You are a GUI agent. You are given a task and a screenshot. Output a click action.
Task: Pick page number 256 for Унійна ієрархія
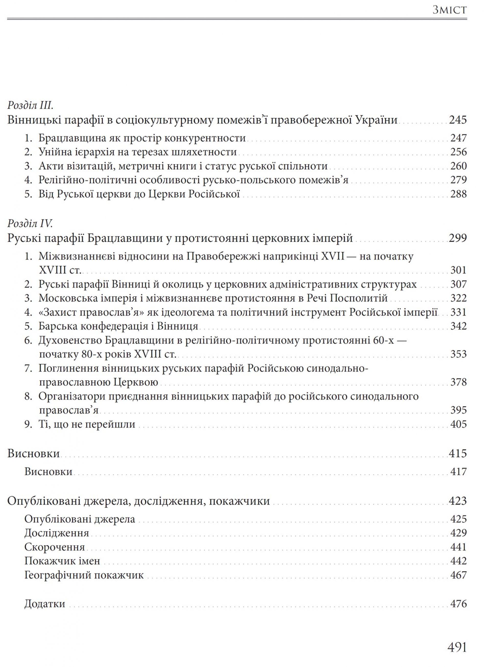[459, 152]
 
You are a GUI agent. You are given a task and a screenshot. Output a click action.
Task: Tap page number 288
[459, 194]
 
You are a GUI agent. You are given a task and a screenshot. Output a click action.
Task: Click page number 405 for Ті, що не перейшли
[459, 424]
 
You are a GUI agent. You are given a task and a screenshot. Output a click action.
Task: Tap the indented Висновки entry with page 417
[48, 472]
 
